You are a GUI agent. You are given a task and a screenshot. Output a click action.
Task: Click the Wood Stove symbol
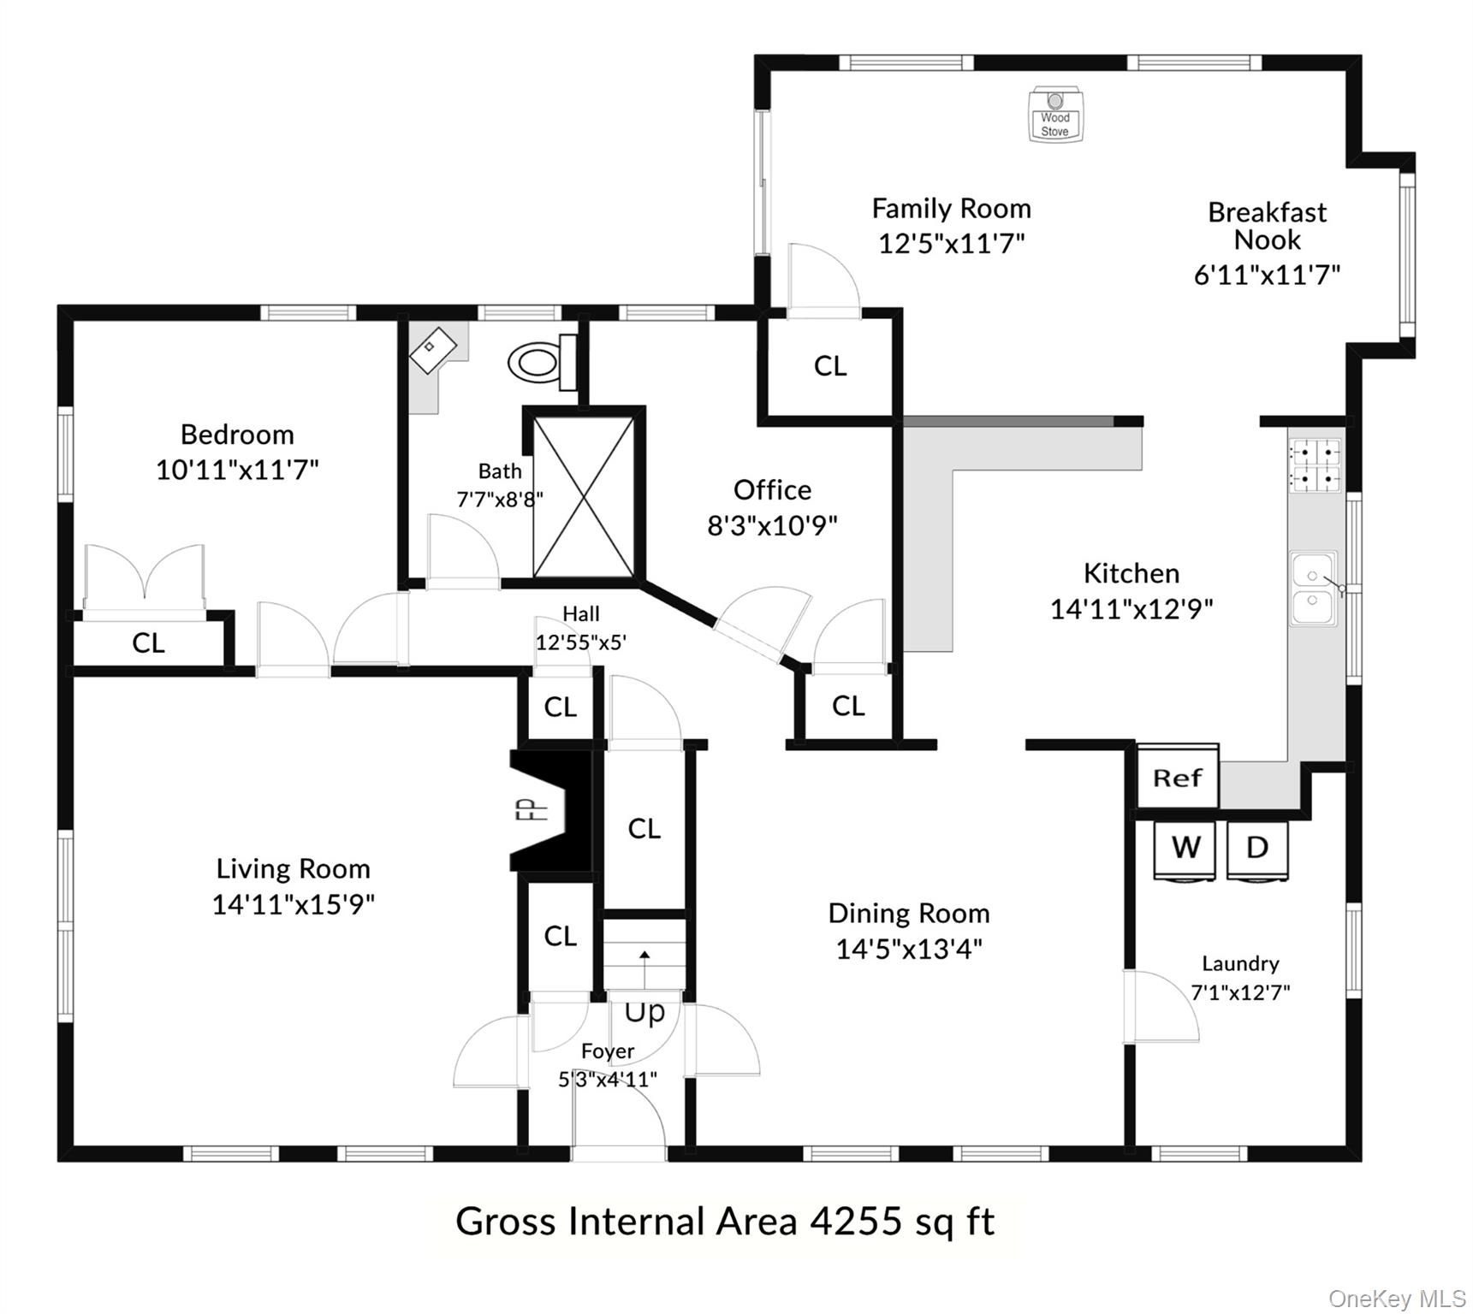(1054, 115)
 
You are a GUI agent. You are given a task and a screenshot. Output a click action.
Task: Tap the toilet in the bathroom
(539, 363)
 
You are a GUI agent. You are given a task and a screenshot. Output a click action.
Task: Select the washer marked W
(1185, 849)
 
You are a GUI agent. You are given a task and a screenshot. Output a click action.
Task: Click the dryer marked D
(1256, 849)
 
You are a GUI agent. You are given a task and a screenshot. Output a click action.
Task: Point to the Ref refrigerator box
(1177, 778)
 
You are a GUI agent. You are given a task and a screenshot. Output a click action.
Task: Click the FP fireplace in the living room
(548, 809)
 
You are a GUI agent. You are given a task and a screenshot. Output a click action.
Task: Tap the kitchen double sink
(1313, 589)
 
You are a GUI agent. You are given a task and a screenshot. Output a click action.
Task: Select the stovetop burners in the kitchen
(1315, 465)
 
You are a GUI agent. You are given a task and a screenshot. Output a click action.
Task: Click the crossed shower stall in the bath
(584, 496)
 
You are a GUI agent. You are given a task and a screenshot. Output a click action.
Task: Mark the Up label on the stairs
(644, 1012)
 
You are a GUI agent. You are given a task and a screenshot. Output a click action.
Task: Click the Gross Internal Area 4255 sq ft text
(724, 1221)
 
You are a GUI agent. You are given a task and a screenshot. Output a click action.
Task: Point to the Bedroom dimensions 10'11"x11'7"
(237, 470)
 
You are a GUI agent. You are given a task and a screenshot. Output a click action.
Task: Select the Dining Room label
(908, 914)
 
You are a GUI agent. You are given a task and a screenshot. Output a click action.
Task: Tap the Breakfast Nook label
(1267, 226)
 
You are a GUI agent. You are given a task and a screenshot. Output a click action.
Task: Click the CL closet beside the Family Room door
(829, 366)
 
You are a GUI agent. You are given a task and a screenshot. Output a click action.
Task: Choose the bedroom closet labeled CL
(148, 642)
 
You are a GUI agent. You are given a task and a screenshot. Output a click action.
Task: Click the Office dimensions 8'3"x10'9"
(772, 525)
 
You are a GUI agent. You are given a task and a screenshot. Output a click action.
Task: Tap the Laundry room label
(1239, 964)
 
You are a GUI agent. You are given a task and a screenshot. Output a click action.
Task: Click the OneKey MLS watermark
(1397, 1299)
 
